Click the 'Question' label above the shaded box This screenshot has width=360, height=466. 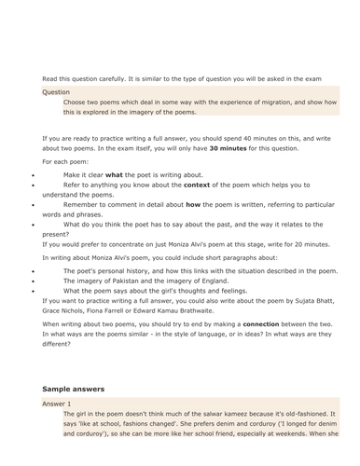[55, 92]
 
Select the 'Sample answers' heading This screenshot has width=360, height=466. [73, 388]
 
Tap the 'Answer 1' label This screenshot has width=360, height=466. [56, 404]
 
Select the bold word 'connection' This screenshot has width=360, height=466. [285, 322]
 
